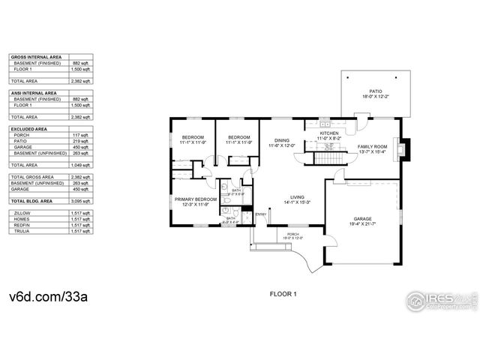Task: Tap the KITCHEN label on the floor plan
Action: point(328,133)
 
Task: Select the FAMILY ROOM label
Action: point(372,146)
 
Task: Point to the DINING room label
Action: point(281,140)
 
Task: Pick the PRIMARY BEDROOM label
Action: point(196,199)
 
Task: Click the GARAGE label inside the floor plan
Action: point(362,220)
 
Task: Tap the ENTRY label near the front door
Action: point(260,215)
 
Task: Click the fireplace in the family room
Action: point(405,148)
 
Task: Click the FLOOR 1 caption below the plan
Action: point(283,295)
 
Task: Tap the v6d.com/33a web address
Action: point(49,295)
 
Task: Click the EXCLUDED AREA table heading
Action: point(28,128)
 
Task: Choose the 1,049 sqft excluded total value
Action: point(82,165)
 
